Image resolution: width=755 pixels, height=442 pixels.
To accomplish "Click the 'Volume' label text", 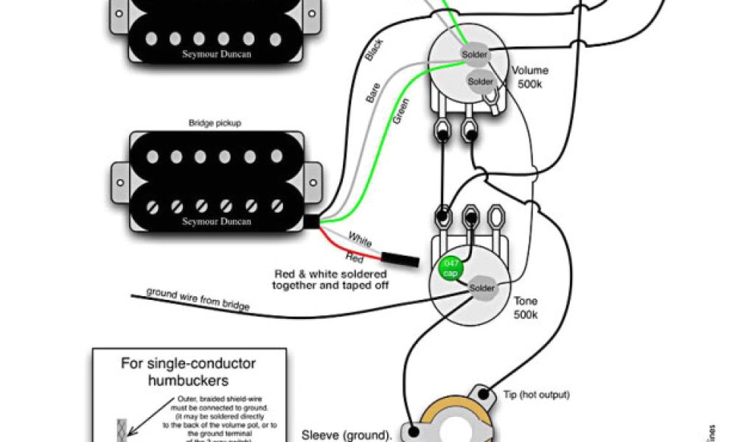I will click(530, 71).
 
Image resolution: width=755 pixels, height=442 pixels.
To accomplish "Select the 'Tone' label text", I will click(526, 301).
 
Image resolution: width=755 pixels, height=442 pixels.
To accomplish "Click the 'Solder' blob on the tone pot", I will click(482, 287).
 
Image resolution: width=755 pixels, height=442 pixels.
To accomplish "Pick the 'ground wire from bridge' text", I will click(198, 298).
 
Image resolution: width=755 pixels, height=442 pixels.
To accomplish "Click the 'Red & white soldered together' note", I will click(330, 278).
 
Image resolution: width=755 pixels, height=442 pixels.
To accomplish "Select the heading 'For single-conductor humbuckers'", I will click(188, 372).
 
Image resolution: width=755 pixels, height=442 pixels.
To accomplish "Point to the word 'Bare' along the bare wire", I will click(373, 94).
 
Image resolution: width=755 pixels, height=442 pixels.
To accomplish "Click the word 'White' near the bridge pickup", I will click(360, 240).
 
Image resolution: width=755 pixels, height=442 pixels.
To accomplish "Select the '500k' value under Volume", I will click(529, 84).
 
